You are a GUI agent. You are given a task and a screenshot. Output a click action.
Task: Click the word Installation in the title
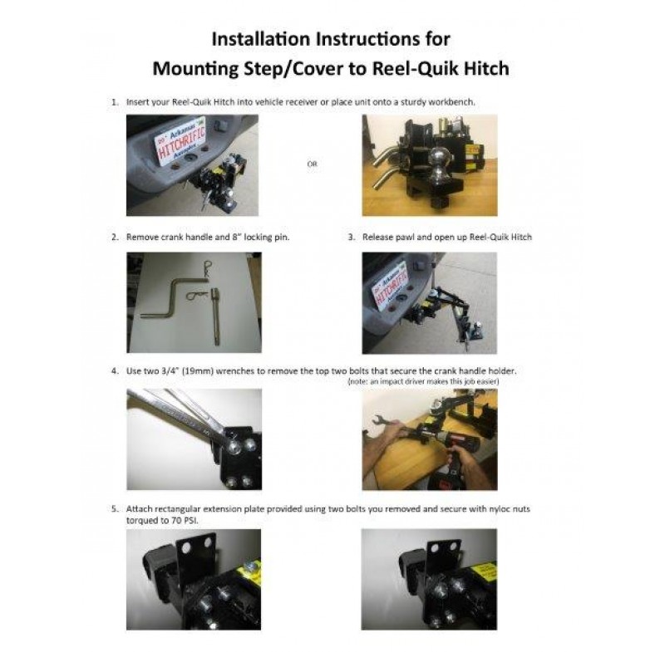pyautogui.click(x=260, y=39)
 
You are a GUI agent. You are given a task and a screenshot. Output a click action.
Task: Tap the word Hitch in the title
pyautogui.click(x=486, y=68)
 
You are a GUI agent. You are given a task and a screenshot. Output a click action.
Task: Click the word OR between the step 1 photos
pyautogui.click(x=313, y=164)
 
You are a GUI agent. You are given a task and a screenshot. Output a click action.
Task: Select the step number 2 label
pyautogui.click(x=115, y=238)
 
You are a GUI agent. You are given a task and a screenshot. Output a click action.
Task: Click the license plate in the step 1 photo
pyautogui.click(x=180, y=141)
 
